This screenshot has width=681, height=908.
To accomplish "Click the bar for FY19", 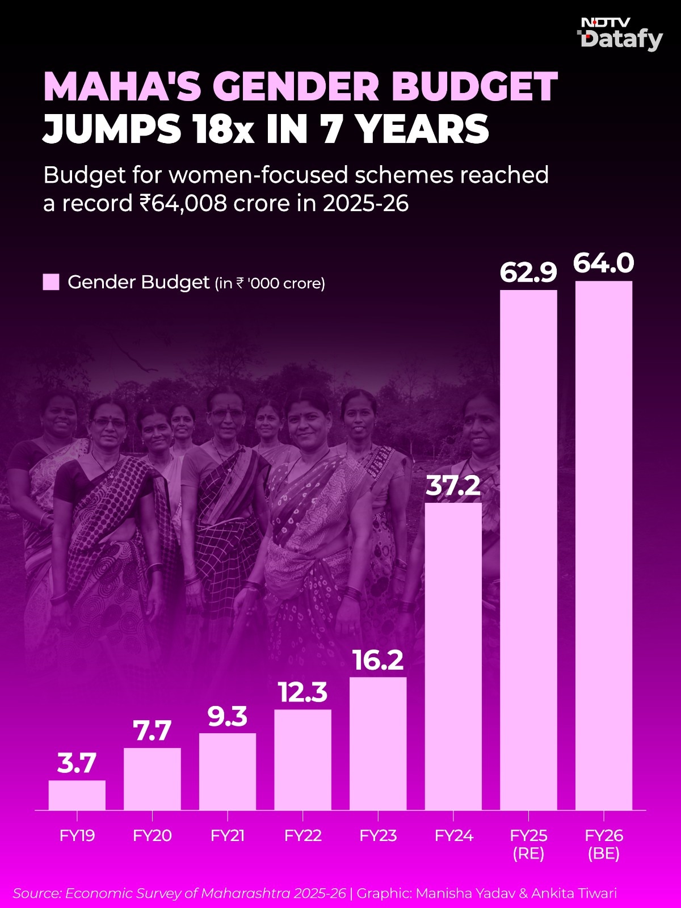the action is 77,794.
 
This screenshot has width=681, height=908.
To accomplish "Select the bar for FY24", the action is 453,656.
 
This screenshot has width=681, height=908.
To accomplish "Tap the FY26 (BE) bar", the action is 604,545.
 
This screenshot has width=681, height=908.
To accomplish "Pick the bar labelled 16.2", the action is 378,743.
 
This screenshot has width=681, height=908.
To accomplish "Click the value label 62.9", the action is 528,273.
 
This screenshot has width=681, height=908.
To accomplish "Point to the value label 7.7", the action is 152,732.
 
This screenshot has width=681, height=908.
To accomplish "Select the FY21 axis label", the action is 228,835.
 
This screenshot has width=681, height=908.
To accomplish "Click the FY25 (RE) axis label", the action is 528,844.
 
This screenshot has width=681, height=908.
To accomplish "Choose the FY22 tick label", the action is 302,835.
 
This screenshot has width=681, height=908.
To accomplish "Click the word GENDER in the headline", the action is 296,87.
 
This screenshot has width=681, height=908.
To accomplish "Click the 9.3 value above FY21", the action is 228,717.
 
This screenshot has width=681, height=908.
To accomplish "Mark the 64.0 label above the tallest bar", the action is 604,264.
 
